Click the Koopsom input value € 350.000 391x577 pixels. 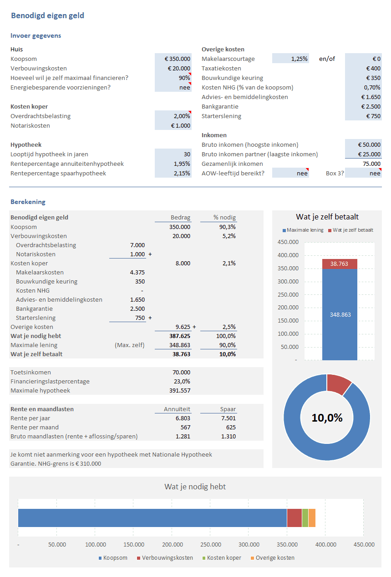(178, 59)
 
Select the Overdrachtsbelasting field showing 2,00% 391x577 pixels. (182, 116)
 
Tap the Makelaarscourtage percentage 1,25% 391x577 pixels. (300, 59)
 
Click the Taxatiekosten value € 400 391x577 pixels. (373, 69)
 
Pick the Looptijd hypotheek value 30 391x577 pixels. (187, 154)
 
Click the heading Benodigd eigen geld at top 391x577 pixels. (47, 16)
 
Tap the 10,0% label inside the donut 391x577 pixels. (327, 418)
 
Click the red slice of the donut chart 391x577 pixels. (339, 383)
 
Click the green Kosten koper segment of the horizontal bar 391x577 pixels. (305, 518)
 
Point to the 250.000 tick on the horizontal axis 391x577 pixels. (210, 545)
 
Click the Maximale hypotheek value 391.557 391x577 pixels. (180, 391)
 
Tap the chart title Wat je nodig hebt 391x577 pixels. (195, 487)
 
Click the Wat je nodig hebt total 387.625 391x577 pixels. (180, 336)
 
